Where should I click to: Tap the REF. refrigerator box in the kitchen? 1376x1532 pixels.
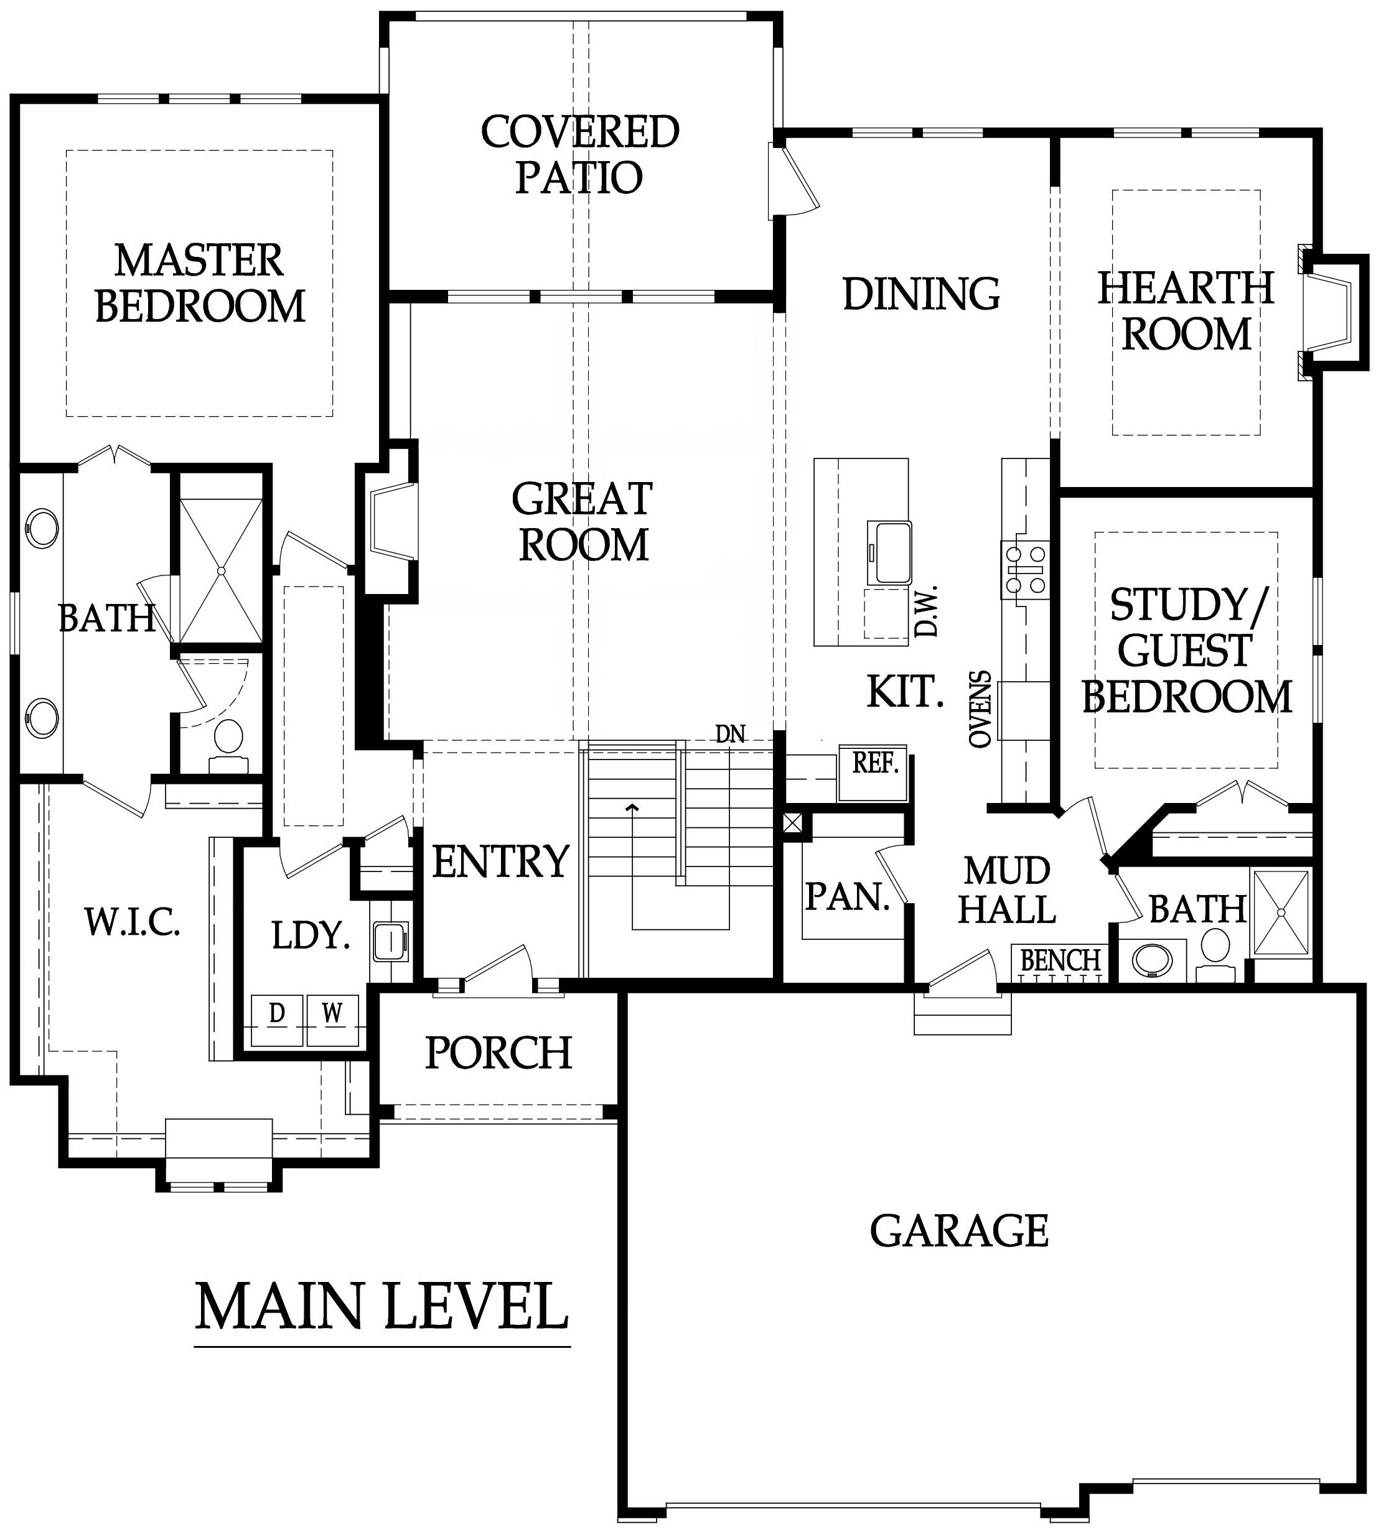[x=873, y=773]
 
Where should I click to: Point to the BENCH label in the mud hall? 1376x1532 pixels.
[x=1060, y=960]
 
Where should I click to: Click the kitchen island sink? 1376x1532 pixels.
[x=890, y=551]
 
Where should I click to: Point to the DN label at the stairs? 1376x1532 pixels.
[x=729, y=733]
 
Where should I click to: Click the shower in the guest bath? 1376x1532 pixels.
[x=1281, y=914]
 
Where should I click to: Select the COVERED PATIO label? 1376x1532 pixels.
[x=580, y=154]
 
